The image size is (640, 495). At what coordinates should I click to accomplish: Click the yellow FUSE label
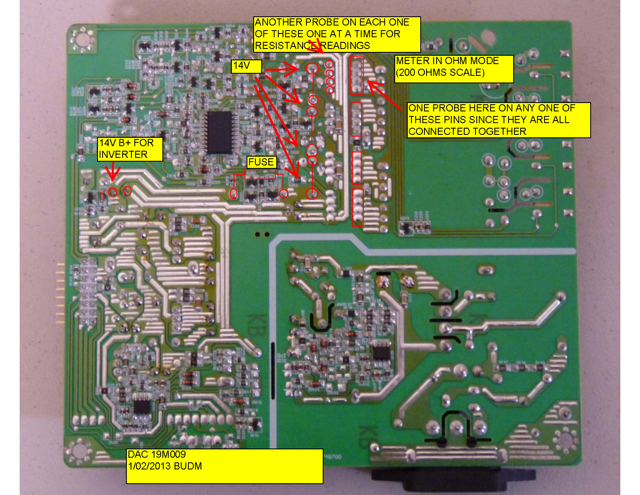(261, 162)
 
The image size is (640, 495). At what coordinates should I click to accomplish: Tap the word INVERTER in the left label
(123, 155)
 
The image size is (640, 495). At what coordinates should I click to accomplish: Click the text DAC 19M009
(157, 454)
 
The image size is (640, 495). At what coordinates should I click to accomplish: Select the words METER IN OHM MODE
(447, 61)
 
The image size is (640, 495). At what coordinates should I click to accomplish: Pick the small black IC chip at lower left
(142, 406)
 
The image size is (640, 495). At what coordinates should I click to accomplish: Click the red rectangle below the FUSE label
(260, 175)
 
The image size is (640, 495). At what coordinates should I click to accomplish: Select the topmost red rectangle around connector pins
(357, 75)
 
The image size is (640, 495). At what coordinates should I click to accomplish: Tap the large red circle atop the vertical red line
(312, 69)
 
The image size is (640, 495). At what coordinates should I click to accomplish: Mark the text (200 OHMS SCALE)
(440, 72)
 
